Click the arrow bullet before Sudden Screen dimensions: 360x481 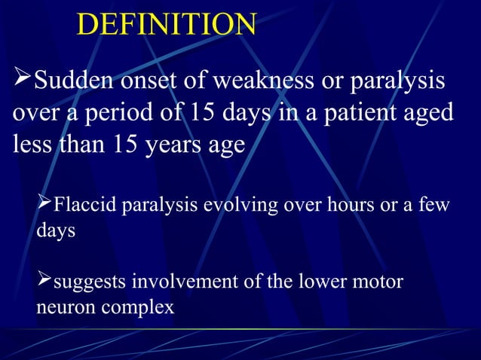(x=23, y=78)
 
